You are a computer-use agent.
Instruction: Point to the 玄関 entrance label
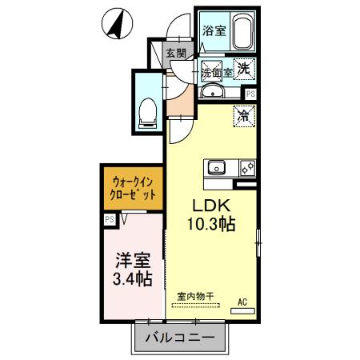point(176,54)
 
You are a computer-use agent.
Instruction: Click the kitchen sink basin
point(218,167)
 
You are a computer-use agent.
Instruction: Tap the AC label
point(243,302)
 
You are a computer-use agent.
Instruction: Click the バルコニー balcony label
point(180,338)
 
